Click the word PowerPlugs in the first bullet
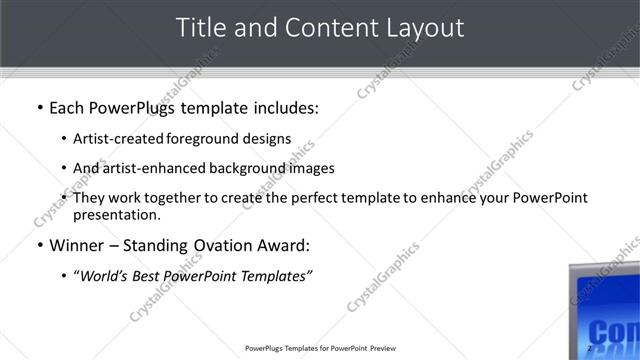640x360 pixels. click(x=139, y=107)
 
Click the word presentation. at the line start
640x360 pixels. click(x=117, y=215)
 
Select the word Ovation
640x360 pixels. click(x=219, y=245)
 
